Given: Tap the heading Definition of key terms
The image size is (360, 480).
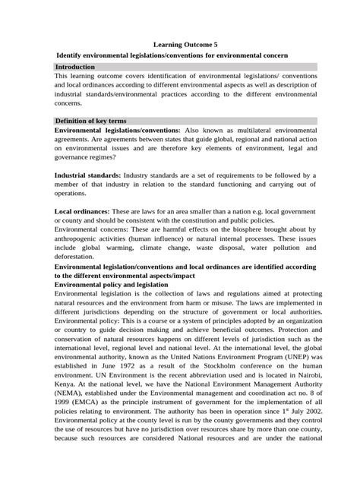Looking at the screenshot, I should coord(90,121).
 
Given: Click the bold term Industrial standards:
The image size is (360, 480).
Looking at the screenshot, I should coord(87,175).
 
